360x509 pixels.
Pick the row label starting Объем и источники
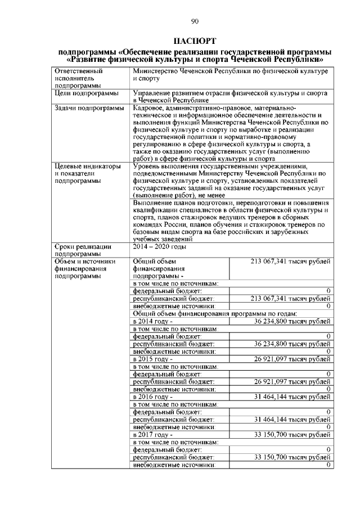84,268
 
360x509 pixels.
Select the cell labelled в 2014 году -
152,321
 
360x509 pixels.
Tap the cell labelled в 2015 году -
152,358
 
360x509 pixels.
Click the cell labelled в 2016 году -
152,397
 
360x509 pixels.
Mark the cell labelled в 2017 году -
152,435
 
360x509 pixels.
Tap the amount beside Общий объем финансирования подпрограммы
290,261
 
